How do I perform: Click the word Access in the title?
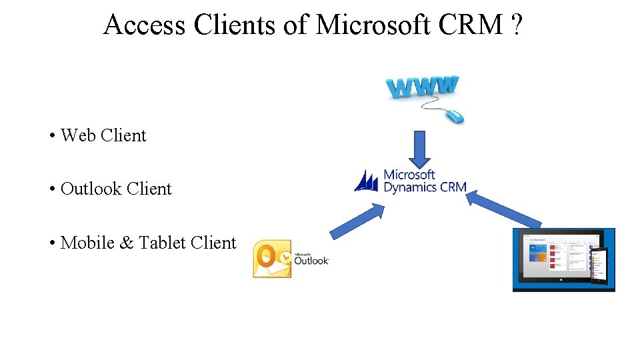tap(145, 25)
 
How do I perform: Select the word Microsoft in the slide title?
tap(373, 25)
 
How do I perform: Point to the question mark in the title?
tap(516, 25)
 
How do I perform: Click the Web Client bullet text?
tap(103, 135)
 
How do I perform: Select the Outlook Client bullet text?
tap(116, 189)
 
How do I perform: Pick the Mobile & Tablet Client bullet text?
tap(148, 243)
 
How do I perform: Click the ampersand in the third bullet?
tap(127, 243)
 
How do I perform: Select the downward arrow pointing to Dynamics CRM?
tap(419, 149)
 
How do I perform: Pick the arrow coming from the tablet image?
tap(504, 209)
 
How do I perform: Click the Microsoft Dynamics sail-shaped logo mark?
tap(366, 181)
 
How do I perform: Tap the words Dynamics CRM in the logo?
tap(425, 187)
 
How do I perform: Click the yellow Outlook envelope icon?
tap(272, 259)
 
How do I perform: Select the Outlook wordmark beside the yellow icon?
tap(311, 260)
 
